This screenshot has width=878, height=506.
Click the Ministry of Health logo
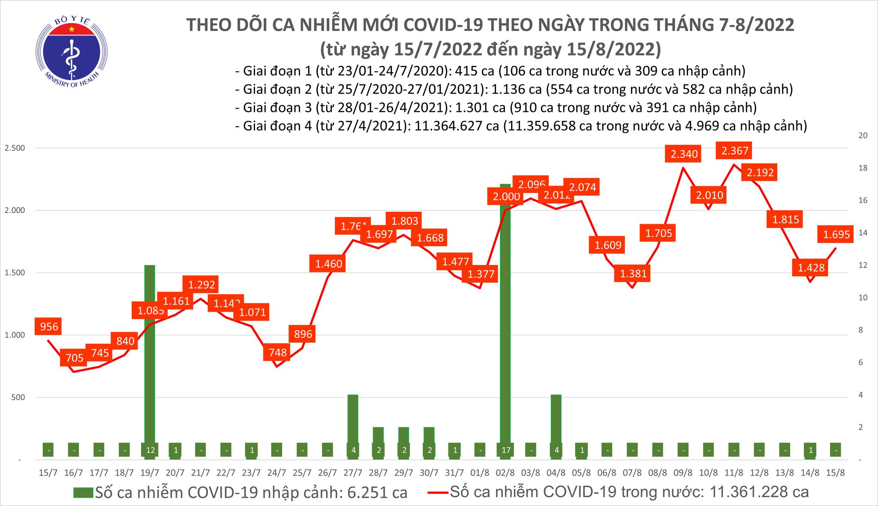tap(71, 51)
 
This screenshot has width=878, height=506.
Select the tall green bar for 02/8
tap(505, 322)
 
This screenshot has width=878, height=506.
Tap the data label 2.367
tap(735, 151)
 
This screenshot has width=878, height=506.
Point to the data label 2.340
tap(684, 154)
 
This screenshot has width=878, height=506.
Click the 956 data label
tap(49, 327)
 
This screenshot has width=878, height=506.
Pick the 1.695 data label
tap(836, 234)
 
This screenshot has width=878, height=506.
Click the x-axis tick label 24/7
tap(277, 473)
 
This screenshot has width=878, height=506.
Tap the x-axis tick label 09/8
tap(683, 473)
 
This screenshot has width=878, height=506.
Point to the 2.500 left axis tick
tap(15, 148)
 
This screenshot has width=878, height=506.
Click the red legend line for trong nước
tap(438, 492)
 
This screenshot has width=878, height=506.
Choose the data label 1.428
tap(811, 268)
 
